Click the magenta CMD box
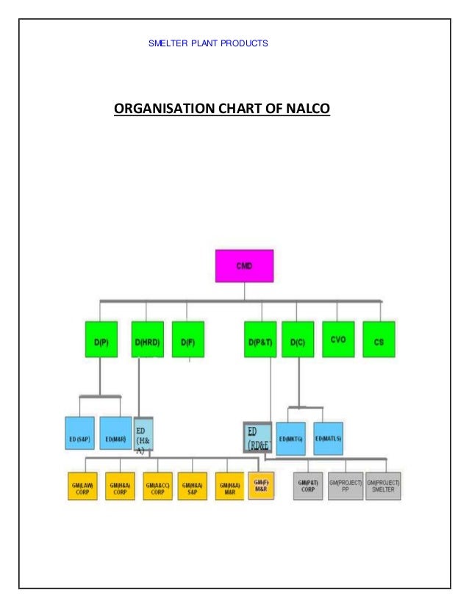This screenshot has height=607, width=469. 244,265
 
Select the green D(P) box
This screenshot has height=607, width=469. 100,340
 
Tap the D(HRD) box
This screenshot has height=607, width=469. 147,340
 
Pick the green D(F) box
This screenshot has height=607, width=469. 187,340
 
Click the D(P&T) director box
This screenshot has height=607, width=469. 260,340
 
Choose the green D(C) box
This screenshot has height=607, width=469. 298,340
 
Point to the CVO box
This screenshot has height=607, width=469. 339,340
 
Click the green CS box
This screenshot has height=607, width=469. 379,340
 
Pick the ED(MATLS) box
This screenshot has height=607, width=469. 329,438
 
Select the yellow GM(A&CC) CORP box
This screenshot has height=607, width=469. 157,486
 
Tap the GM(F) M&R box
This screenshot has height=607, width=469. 262,485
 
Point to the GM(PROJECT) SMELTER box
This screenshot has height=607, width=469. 384,486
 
